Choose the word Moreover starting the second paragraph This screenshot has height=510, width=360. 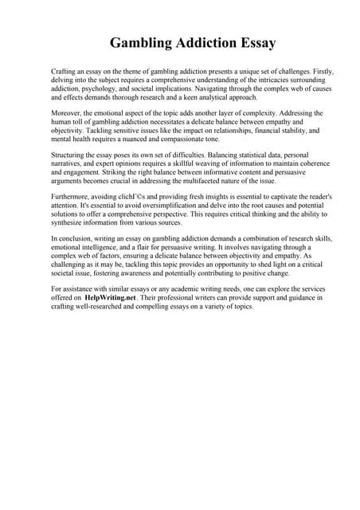coord(68,114)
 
